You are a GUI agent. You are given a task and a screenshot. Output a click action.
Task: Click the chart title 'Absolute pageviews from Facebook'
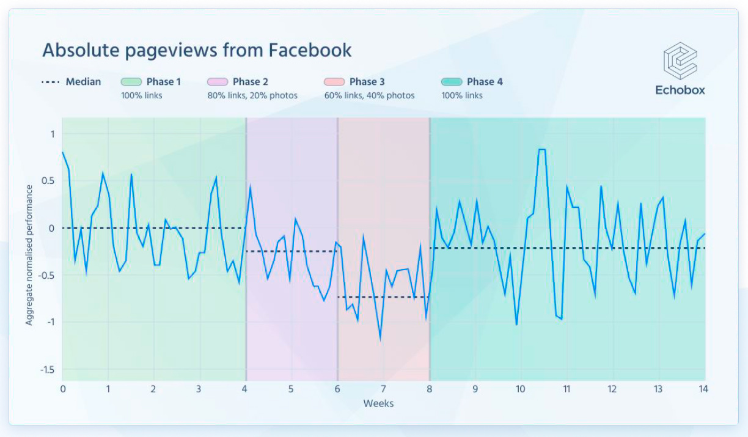click(x=197, y=50)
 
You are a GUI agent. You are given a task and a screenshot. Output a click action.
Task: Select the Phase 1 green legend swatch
click(x=131, y=82)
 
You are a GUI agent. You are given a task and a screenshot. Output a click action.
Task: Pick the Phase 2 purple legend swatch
click(x=218, y=82)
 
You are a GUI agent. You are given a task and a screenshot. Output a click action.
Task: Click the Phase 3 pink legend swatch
click(x=334, y=82)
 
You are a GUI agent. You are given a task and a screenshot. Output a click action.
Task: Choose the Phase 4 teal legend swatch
click(x=452, y=82)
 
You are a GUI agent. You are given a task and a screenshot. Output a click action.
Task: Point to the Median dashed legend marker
click(x=50, y=82)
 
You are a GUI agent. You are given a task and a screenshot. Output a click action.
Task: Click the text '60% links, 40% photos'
click(x=369, y=95)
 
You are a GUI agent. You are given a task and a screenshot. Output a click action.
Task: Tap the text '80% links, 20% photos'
click(x=252, y=95)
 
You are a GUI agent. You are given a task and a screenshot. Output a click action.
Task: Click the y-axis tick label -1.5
click(x=47, y=370)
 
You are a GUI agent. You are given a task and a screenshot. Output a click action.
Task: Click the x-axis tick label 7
click(x=383, y=389)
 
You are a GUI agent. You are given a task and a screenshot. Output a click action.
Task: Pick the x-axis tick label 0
click(x=62, y=389)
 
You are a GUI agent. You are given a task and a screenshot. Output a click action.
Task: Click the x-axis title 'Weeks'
click(x=378, y=403)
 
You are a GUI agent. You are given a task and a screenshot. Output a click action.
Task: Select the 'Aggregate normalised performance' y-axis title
click(x=29, y=255)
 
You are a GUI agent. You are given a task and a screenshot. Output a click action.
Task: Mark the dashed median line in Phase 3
click(x=383, y=297)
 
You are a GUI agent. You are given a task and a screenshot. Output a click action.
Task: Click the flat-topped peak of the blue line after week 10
click(x=541, y=149)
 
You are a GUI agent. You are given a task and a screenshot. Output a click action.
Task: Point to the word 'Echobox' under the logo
click(x=680, y=90)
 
